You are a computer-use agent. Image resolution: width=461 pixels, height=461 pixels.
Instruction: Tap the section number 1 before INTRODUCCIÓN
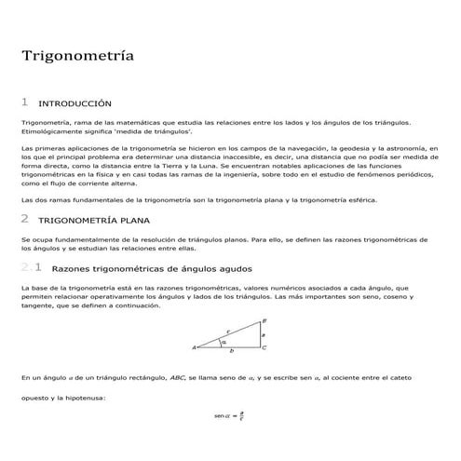pyautogui.click(x=24, y=102)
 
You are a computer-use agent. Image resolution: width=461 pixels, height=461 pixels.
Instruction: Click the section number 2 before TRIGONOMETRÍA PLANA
pyautogui.click(x=24, y=220)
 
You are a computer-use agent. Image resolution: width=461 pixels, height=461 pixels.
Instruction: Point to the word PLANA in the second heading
pyautogui.click(x=130, y=221)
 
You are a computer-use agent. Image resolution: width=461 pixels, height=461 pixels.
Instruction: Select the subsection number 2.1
pyautogui.click(x=29, y=268)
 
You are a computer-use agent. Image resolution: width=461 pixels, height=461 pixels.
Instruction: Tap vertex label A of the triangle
pyautogui.click(x=195, y=348)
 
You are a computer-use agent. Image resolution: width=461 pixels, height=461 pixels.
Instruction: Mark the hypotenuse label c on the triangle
pyautogui.click(x=229, y=331)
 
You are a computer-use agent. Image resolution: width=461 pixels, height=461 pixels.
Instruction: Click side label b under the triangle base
pyautogui.click(x=232, y=353)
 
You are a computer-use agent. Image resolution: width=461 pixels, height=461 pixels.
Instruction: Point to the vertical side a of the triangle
pyautogui.click(x=264, y=333)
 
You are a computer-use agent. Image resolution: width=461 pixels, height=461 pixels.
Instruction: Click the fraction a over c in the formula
pyautogui.click(x=241, y=415)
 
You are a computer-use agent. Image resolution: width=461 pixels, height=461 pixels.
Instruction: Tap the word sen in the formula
pyautogui.click(x=220, y=415)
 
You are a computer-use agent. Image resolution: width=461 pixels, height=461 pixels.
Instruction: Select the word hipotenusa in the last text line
pyautogui.click(x=86, y=399)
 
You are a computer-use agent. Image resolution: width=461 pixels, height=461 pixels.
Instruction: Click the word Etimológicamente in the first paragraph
pyautogui.click(x=48, y=131)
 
